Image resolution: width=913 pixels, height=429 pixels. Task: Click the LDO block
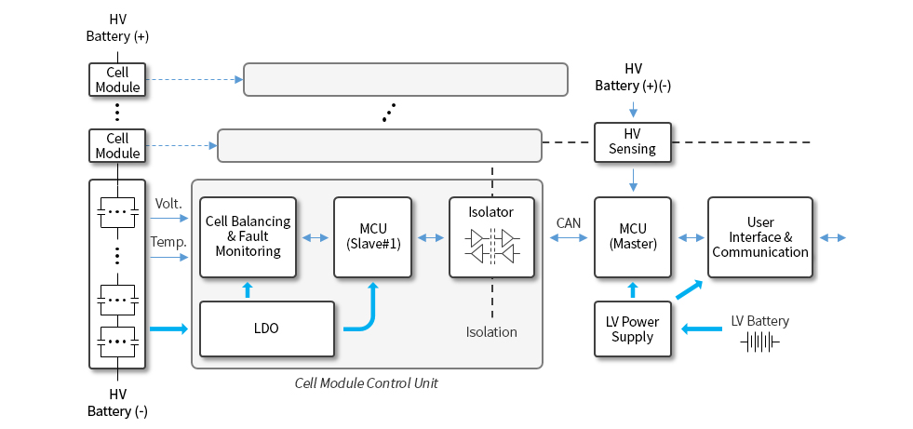[x=267, y=328]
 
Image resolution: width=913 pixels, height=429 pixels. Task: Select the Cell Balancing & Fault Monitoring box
[x=248, y=237]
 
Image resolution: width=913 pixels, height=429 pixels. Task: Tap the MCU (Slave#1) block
[x=373, y=237]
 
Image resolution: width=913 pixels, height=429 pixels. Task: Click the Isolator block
[x=492, y=237]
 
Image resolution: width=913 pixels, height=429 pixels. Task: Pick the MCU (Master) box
[x=633, y=237]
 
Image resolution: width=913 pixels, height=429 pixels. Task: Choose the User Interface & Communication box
[x=760, y=237]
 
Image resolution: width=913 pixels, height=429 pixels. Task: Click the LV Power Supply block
[x=633, y=328]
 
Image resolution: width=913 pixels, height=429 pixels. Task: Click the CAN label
[x=569, y=222]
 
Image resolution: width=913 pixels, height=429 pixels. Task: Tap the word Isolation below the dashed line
[x=491, y=332]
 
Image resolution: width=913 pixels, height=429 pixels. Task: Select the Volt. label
[x=167, y=204]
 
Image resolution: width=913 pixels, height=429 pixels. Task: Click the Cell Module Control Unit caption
[x=366, y=383]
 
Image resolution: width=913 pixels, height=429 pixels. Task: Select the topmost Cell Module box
[x=117, y=79]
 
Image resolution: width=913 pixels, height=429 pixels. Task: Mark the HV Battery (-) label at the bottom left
[x=117, y=402]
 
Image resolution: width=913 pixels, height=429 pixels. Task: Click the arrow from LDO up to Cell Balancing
[x=248, y=289]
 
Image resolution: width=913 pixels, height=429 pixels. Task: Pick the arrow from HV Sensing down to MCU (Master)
[x=633, y=179]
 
